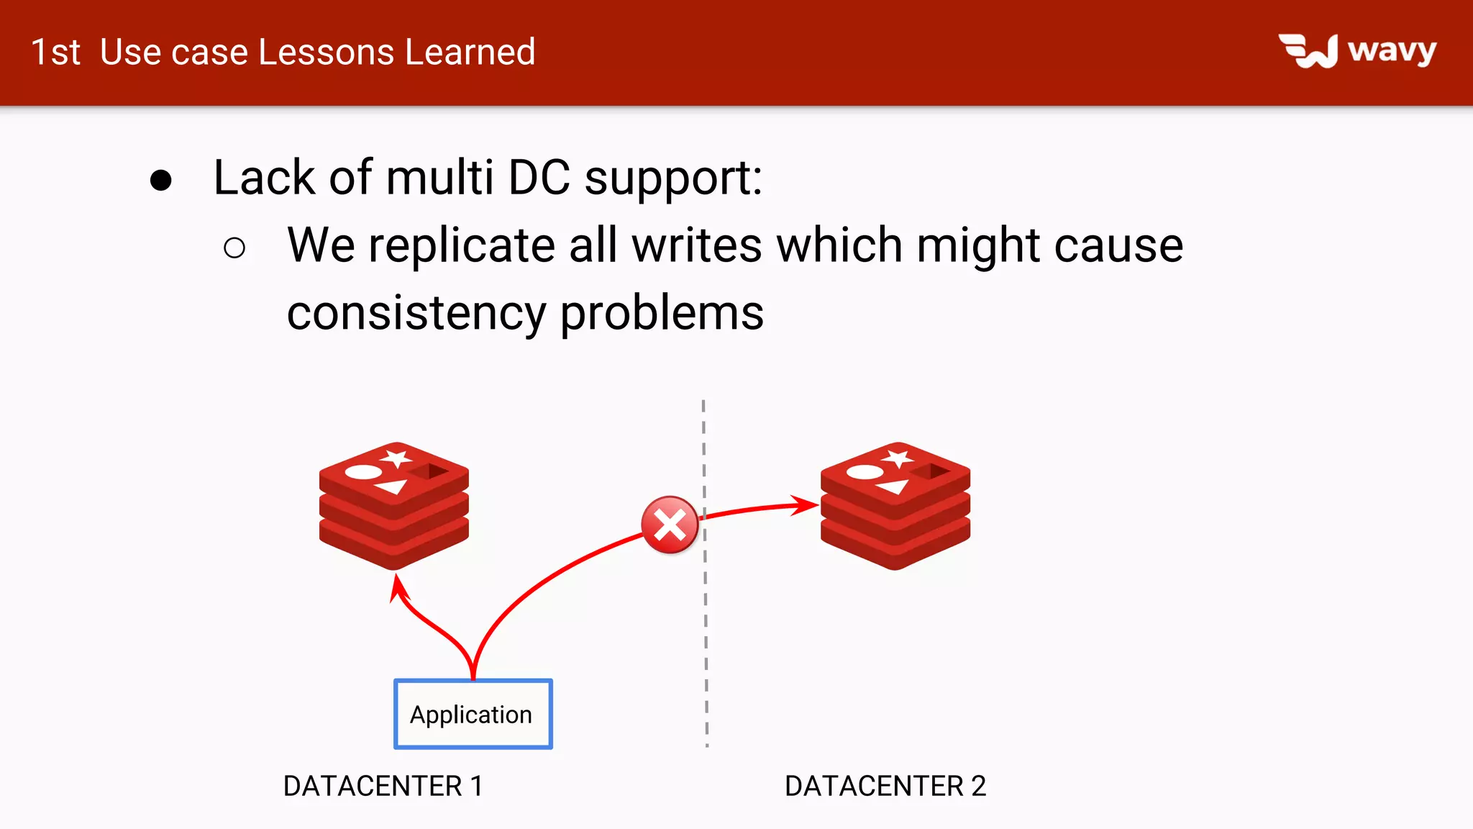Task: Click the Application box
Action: click(473, 714)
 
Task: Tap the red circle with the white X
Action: click(670, 525)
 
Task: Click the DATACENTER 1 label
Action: click(383, 786)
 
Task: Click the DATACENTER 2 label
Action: click(885, 786)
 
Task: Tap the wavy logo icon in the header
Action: click(1308, 51)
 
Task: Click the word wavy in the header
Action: click(1392, 51)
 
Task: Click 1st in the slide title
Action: click(55, 52)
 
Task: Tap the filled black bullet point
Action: click(161, 180)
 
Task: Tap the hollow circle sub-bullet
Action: click(234, 248)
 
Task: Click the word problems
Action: click(661, 313)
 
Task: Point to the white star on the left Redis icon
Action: click(396, 458)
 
